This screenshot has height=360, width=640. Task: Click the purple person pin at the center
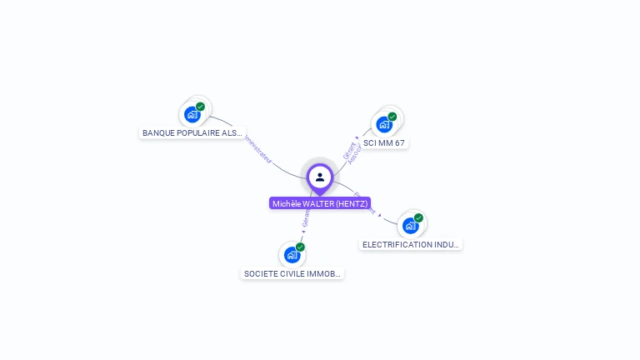(x=320, y=177)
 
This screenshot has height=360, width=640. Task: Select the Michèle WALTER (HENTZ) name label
(x=320, y=203)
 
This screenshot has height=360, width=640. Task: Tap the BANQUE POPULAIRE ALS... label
(x=192, y=132)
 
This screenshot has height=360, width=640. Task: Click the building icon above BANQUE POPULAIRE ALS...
(x=192, y=114)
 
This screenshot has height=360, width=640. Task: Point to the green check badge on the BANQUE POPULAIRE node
(x=201, y=107)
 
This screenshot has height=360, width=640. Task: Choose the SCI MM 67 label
(x=384, y=143)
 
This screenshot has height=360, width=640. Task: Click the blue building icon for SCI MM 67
(x=384, y=125)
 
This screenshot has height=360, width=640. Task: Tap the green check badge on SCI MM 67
(x=392, y=117)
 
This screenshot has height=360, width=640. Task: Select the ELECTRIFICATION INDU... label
(x=411, y=244)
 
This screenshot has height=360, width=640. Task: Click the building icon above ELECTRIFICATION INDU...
(x=410, y=226)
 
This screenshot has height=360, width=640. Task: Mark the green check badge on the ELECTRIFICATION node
(x=418, y=218)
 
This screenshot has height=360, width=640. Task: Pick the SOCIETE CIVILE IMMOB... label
(x=292, y=273)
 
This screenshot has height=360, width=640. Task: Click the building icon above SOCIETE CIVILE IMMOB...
(x=292, y=255)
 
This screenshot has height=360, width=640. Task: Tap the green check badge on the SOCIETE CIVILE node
(x=300, y=247)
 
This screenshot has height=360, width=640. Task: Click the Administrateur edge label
(x=257, y=150)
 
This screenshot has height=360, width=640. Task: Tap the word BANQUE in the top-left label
(x=158, y=132)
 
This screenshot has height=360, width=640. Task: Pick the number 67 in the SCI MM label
(x=399, y=143)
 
